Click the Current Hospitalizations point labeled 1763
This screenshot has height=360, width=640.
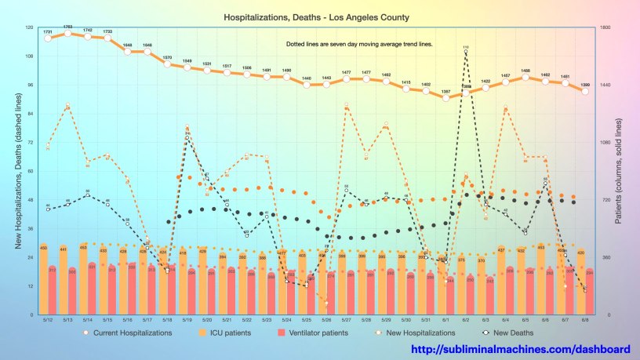tap(67, 34)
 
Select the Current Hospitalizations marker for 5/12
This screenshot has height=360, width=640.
tap(48, 38)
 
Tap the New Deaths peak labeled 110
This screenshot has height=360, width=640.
tap(466, 53)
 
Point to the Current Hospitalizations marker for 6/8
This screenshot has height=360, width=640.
tap(585, 91)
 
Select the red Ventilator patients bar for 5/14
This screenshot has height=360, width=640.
tap(92, 289)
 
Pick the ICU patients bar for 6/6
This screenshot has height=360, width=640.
tap(540, 279)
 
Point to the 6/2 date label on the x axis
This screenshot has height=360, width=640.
tap(466, 319)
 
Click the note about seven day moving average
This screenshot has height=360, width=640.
tap(359, 44)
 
